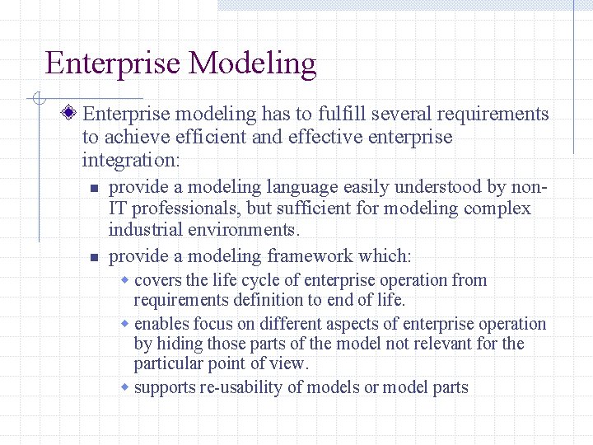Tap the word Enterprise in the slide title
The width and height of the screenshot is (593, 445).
[x=112, y=63]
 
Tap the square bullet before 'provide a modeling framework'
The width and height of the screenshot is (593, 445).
[x=95, y=258]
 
